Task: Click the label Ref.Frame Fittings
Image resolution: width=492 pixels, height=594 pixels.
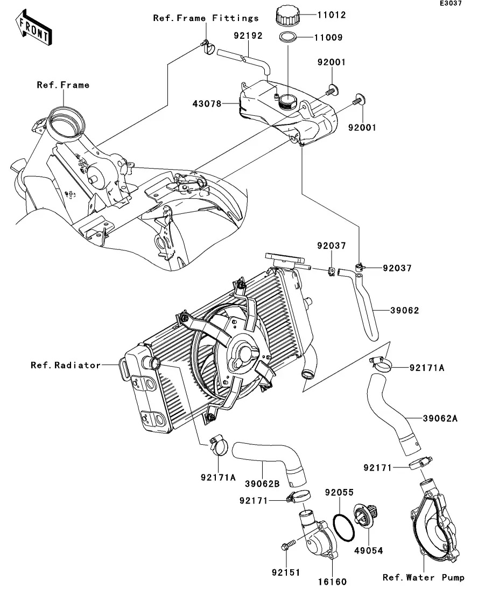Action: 206,18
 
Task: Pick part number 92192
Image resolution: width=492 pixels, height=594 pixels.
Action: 248,36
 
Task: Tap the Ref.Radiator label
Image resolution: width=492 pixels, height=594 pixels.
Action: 65,365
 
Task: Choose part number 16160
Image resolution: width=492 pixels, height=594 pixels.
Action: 332,582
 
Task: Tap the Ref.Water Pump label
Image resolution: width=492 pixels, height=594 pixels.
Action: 423,578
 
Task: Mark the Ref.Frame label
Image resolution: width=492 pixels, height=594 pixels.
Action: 63,85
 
